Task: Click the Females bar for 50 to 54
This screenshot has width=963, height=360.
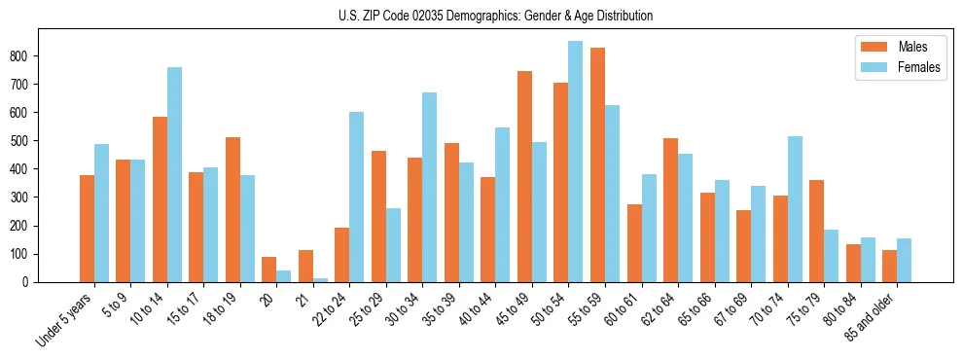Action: tap(575, 162)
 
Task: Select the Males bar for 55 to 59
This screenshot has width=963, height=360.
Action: tap(597, 164)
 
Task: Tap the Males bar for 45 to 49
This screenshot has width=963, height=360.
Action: tap(524, 176)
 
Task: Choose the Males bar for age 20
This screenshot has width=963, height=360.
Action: tap(268, 270)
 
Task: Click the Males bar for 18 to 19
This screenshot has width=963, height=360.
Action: tap(232, 209)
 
